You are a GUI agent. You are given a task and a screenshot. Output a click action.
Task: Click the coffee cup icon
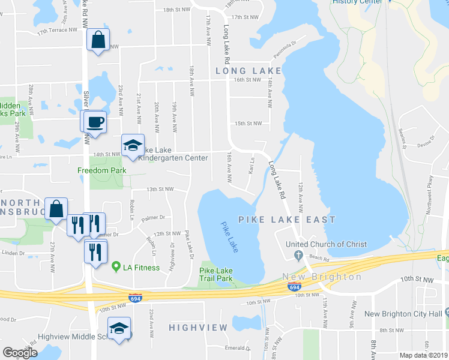(95, 122)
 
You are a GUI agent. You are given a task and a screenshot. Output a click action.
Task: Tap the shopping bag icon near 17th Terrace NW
(98, 41)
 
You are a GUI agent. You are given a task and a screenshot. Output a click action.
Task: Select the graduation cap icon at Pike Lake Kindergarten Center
(133, 146)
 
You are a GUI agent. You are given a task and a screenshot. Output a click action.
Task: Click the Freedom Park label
(101, 170)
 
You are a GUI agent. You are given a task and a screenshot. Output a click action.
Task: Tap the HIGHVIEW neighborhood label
(198, 328)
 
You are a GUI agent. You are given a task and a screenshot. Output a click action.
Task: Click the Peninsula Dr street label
(286, 47)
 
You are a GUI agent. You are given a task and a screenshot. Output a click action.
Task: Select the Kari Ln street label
(252, 165)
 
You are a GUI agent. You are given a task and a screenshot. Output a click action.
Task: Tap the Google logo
(20, 353)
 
